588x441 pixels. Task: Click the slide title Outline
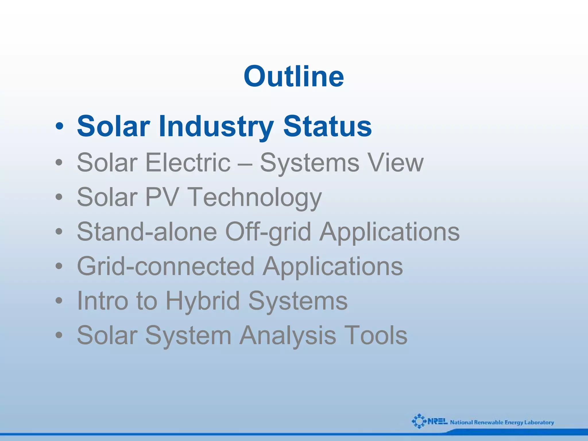(x=294, y=76)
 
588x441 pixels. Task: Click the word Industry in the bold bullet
(x=216, y=126)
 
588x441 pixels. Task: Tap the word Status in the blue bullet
(x=327, y=126)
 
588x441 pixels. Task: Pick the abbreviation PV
(x=162, y=197)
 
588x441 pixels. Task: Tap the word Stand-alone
(x=147, y=232)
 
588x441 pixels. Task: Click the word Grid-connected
(x=166, y=266)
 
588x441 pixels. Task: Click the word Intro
(x=102, y=301)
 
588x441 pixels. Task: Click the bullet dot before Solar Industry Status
(x=59, y=126)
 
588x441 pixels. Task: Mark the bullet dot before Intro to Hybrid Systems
(x=59, y=301)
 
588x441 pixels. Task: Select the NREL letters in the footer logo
(x=437, y=422)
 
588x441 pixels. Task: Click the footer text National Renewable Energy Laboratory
(x=502, y=422)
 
